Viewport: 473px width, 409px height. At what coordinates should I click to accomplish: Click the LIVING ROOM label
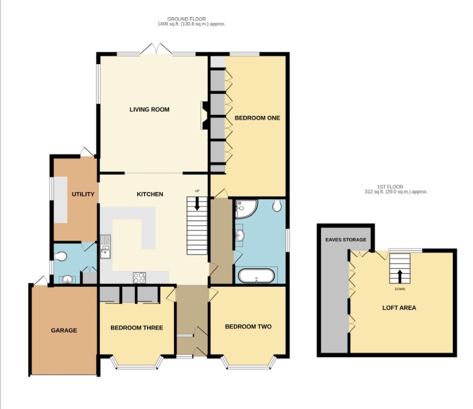[x=149, y=109]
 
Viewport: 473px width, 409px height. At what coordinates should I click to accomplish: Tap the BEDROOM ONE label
[x=257, y=118]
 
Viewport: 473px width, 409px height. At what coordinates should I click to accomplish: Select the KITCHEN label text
[x=150, y=194]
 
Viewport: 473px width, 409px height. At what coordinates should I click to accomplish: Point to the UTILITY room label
[x=83, y=194]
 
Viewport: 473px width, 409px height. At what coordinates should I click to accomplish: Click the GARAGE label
[x=64, y=331]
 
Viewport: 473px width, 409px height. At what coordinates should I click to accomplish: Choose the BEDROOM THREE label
[x=137, y=328]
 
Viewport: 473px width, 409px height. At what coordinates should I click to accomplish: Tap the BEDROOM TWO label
[x=248, y=327]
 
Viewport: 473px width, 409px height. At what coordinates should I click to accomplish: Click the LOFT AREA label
[x=399, y=308]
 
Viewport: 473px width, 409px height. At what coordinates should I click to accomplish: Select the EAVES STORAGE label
[x=346, y=240]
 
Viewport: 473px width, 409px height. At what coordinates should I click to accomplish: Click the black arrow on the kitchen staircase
[x=197, y=203]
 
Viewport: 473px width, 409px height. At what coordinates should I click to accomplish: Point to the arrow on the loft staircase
[x=400, y=276]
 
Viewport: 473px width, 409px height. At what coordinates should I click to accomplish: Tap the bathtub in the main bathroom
[x=256, y=276]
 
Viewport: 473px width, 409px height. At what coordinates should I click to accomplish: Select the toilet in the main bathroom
[x=277, y=205]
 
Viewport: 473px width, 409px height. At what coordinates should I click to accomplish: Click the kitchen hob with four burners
[x=139, y=278]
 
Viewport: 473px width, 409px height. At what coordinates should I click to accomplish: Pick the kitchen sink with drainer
[x=105, y=247]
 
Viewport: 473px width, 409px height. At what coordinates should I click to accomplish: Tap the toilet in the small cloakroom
[x=61, y=256]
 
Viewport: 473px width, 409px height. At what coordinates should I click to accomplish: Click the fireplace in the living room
[x=204, y=115]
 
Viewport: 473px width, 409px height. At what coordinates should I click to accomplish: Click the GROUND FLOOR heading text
[x=186, y=19]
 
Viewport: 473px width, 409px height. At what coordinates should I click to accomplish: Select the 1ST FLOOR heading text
[x=390, y=187]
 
